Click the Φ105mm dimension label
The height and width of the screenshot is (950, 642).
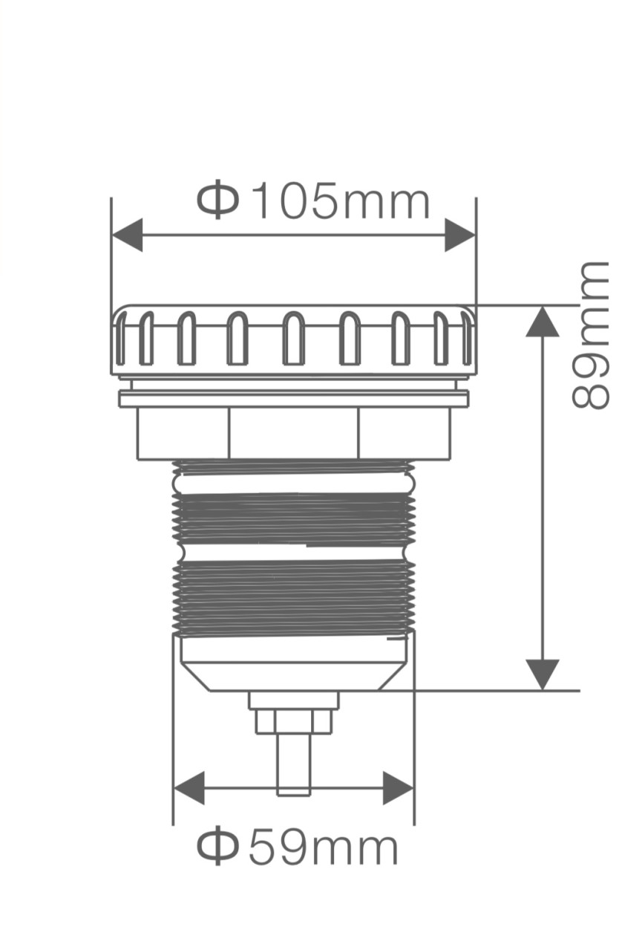tap(312, 201)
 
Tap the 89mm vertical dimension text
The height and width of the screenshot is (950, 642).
tap(590, 335)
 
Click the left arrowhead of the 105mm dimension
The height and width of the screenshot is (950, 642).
tap(127, 235)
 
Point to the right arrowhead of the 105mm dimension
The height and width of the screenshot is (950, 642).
tap(460, 235)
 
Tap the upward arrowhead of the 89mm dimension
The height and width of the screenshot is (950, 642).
tap(542, 322)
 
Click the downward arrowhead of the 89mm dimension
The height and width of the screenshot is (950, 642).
tap(542, 674)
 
